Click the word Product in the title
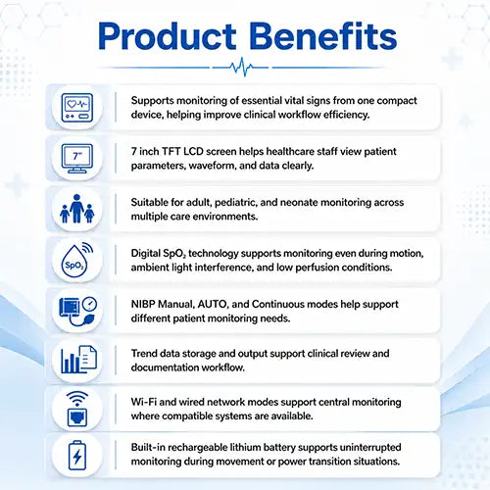click(167, 36)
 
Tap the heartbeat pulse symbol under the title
click(241, 67)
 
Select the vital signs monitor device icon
click(77, 108)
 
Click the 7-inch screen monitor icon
click(77, 159)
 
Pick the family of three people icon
click(77, 209)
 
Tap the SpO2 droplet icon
click(77, 260)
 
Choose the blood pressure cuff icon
click(78, 311)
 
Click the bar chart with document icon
click(78, 360)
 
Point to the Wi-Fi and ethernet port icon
click(77, 409)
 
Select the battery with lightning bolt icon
click(77, 456)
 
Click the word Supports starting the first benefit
click(152, 101)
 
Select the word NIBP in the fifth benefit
click(143, 304)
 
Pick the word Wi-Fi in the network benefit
click(144, 402)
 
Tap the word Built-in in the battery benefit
click(148, 447)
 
